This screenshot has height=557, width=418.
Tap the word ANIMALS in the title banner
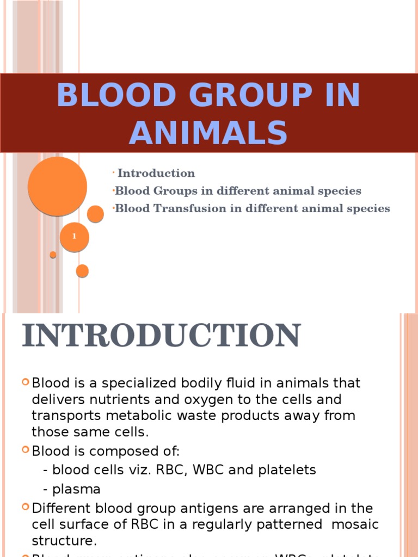[x=208, y=133]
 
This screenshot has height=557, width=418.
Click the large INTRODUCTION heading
[x=161, y=336]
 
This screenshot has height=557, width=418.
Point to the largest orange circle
[x=57, y=186]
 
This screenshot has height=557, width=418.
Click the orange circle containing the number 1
[x=74, y=237]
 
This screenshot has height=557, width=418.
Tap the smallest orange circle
[x=53, y=255]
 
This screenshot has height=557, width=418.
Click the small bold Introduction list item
[x=156, y=174]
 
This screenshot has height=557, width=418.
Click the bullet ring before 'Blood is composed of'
[x=26, y=450]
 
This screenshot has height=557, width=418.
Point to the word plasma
[x=76, y=489]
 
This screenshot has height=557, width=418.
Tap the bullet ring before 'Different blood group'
[x=26, y=507]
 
